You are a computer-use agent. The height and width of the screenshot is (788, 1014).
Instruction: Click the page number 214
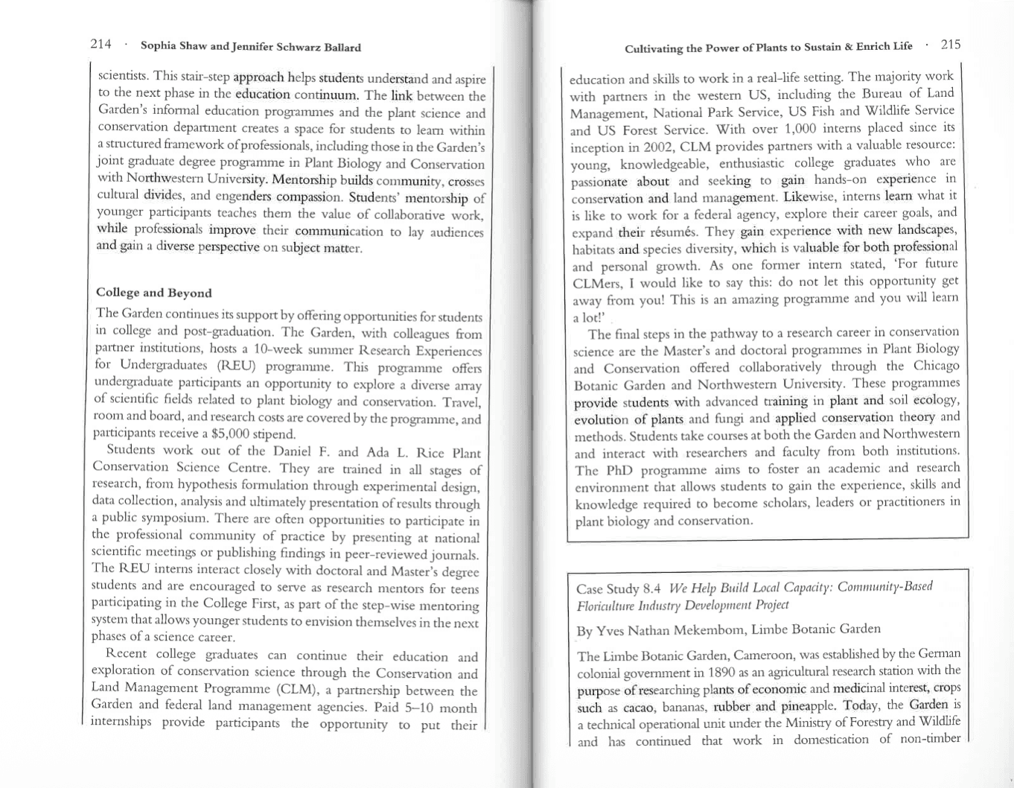(101, 44)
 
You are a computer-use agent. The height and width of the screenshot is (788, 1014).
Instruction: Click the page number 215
(951, 44)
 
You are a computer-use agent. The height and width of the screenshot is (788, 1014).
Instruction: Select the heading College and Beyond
(154, 293)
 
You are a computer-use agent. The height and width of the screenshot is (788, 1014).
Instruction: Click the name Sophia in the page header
(159, 47)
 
